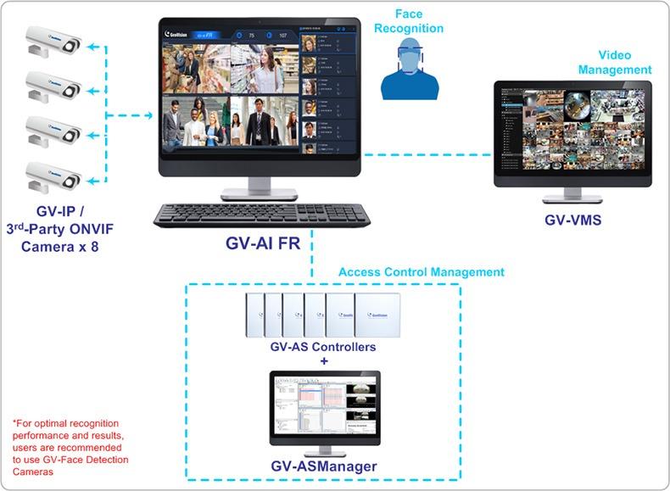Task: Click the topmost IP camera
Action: (x=52, y=40)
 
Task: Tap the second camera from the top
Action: (x=52, y=84)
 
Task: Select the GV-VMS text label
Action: (x=572, y=220)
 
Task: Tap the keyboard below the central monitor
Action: (x=261, y=215)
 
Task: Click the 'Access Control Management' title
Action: (x=421, y=272)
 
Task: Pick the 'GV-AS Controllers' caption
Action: (x=322, y=348)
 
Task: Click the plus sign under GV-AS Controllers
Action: (x=323, y=361)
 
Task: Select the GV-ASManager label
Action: (x=324, y=466)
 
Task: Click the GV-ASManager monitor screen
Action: (x=324, y=408)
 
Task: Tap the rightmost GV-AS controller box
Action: (x=376, y=315)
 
